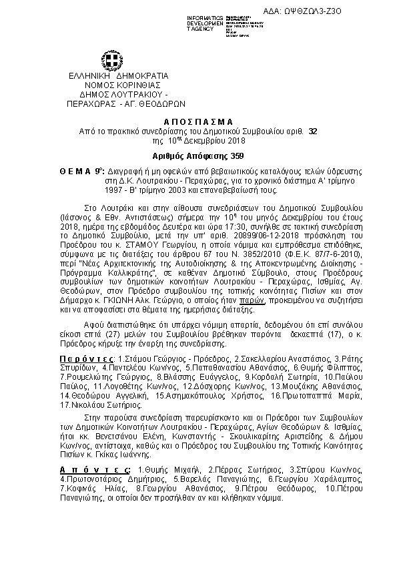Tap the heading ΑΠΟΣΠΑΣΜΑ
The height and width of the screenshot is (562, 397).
pos(199,122)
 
